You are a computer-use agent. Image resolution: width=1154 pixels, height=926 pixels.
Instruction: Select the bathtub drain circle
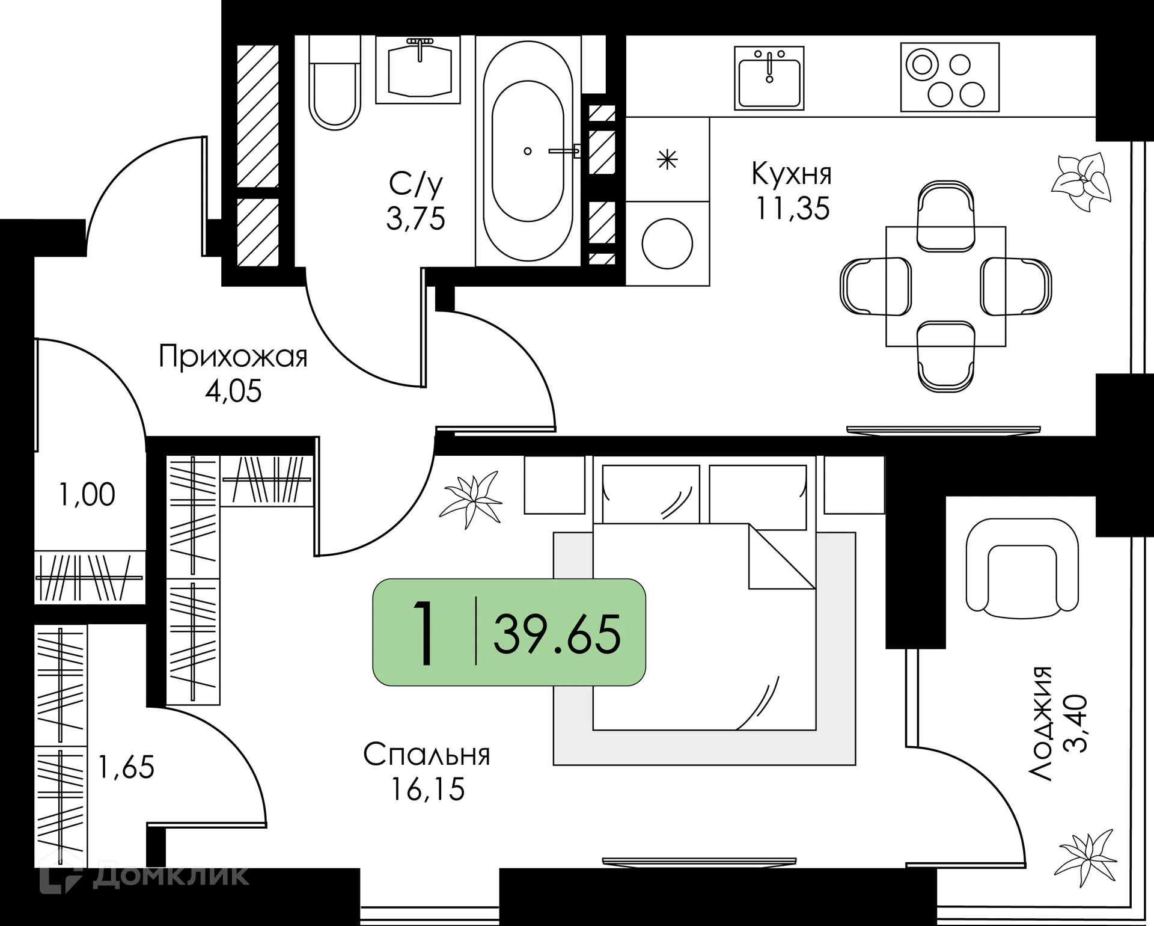528,151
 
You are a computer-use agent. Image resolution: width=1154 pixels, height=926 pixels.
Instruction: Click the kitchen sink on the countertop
769,78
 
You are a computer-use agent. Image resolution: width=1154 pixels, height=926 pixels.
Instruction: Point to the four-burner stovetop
950,77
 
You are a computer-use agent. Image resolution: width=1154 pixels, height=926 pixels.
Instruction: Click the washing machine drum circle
667,244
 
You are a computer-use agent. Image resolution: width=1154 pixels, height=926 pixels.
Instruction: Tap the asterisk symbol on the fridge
667,160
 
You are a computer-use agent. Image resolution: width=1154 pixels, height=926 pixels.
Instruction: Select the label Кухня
792,174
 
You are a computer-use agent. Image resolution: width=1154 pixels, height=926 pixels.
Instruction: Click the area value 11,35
793,209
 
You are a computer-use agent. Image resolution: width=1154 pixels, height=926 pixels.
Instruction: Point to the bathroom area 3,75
416,218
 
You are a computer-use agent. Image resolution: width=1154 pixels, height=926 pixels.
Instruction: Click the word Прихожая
233,357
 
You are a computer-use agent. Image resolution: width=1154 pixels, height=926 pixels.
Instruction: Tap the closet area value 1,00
88,495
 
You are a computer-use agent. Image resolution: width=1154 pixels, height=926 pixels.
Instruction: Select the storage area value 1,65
126,768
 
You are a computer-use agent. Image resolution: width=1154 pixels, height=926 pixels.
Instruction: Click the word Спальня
427,755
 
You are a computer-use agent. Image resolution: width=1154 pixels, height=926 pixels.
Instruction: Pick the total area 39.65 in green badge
557,634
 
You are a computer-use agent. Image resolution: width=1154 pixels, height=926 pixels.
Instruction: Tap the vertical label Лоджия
1039,723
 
